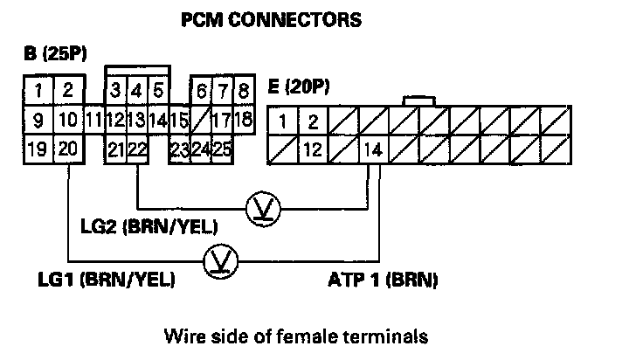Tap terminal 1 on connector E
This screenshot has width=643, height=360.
[x=282, y=119]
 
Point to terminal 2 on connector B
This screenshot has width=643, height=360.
[x=68, y=89]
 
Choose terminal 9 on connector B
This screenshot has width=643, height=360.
[x=37, y=118]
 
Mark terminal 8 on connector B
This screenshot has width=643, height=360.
[x=244, y=89]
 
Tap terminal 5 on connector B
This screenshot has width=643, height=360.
[x=158, y=89]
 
